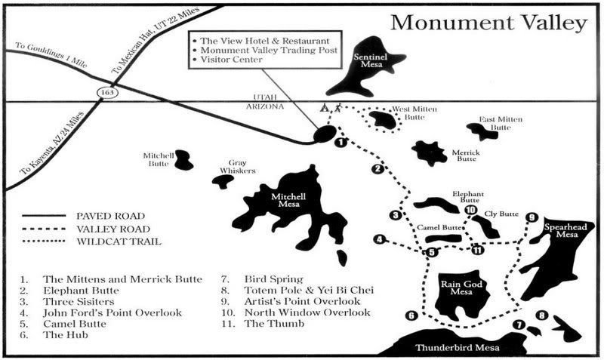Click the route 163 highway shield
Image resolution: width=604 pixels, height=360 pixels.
tap(108, 92)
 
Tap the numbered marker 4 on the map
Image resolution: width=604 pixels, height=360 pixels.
tap(380, 239)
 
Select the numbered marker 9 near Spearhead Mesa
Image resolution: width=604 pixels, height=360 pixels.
tap(532, 217)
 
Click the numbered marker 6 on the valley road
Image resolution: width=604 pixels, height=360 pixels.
tap(411, 315)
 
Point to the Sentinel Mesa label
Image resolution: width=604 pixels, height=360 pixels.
tap(371, 61)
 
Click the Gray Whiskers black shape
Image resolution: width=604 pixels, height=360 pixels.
tap(223, 181)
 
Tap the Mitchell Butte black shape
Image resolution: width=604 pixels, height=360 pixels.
tap(183, 160)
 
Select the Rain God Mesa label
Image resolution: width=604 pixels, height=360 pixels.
tap(461, 288)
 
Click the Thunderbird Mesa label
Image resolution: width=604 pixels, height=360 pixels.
tap(458, 348)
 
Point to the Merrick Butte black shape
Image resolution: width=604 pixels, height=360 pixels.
tap(429, 153)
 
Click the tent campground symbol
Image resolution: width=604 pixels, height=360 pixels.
tap(325, 107)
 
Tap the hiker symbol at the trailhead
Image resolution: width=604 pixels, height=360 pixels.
tap(337, 107)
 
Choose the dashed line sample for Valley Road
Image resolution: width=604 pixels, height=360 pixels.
tap(44, 229)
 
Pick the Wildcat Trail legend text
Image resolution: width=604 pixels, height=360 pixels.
tap(119, 242)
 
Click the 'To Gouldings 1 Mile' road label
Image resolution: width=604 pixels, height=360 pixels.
tap(51, 55)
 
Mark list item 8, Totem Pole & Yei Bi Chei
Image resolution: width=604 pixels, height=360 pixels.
tap(297, 290)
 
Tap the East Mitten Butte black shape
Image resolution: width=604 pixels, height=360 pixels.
tap(482, 131)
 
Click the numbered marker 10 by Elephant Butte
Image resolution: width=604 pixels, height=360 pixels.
tap(470, 210)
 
